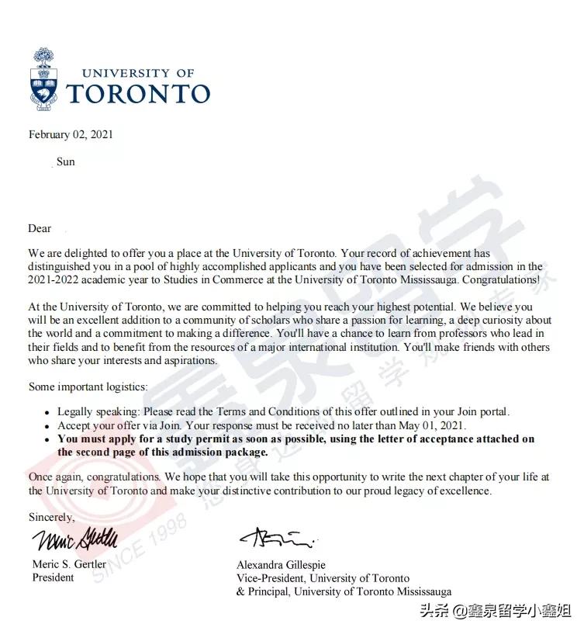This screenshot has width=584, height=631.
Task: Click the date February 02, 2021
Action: (x=71, y=134)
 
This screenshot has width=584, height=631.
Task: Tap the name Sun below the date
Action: (x=66, y=161)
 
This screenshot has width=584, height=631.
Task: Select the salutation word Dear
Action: (x=40, y=228)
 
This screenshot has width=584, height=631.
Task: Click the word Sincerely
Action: (x=52, y=516)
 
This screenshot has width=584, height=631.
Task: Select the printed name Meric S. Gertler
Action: (x=69, y=563)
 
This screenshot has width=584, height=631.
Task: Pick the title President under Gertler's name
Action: (x=53, y=577)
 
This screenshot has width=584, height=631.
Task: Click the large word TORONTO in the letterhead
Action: (x=139, y=94)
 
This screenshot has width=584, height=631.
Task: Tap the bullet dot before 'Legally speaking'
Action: (x=48, y=413)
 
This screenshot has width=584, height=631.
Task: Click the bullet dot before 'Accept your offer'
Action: (x=48, y=426)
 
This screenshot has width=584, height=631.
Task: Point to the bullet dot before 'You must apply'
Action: (x=48, y=439)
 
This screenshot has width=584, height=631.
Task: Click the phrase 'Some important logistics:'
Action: (x=88, y=387)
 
